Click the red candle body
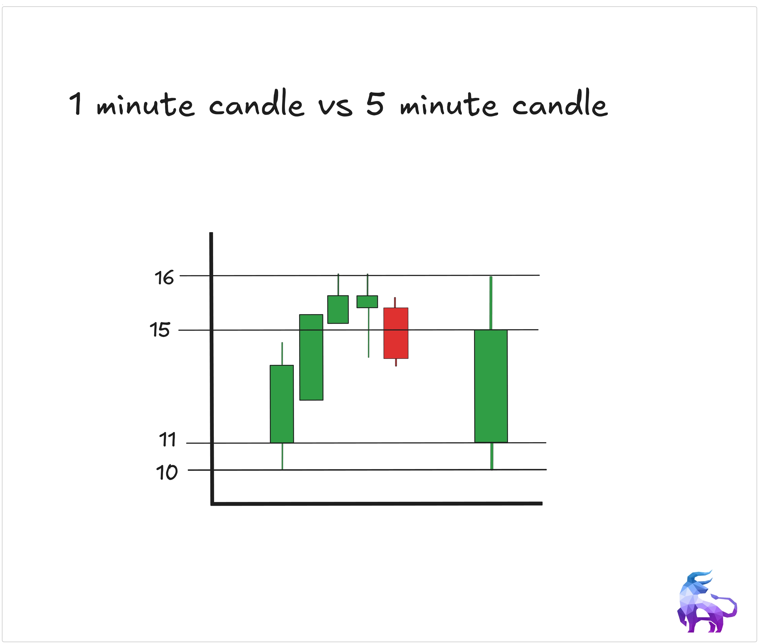pos(396,333)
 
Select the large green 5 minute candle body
pos(491,386)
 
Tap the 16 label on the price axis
pos(164,278)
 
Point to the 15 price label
pos(160,330)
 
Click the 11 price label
pos(168,440)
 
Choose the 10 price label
pos(167,472)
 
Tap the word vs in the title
pos(336,107)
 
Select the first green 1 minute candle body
pos(282,404)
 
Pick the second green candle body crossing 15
pos(311,357)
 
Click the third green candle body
pos(338,309)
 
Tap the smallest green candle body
pos(367,302)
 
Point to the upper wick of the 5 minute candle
pos(491,303)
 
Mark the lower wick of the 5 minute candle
pos(492,456)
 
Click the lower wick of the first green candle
pos(282,456)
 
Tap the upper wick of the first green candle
pos(282,354)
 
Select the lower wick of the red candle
pos(396,362)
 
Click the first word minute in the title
pos(145,105)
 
